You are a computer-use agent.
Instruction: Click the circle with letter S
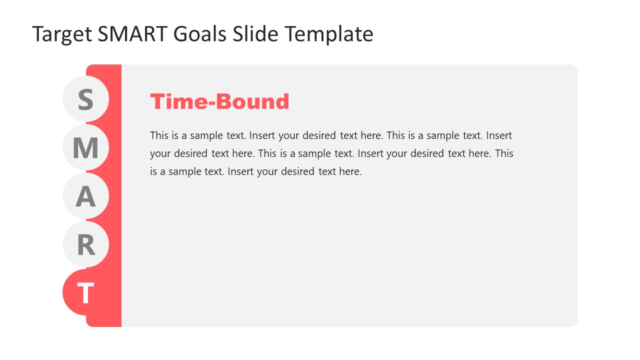tap(85, 99)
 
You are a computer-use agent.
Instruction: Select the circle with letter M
tap(85, 147)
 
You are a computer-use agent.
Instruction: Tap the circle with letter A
tap(85, 196)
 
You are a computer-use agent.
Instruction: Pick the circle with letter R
tap(85, 244)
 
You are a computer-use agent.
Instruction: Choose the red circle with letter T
tap(85, 292)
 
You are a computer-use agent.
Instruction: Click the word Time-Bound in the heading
tap(219, 101)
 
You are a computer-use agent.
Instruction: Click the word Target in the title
tap(62, 34)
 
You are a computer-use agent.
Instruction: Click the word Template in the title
tap(329, 34)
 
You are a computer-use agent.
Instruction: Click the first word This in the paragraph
tap(159, 135)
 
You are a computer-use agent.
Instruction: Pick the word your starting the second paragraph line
tap(160, 153)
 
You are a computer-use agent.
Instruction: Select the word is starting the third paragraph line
tap(153, 171)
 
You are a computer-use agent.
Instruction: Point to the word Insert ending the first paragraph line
tap(499, 135)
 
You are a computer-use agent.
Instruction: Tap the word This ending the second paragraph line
tap(504, 153)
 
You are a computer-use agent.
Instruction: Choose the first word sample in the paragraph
tap(205, 135)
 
